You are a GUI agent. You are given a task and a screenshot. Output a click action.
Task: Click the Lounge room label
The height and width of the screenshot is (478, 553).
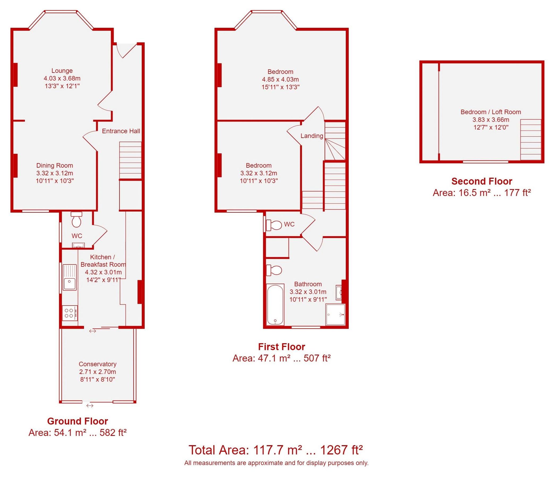point(62,71)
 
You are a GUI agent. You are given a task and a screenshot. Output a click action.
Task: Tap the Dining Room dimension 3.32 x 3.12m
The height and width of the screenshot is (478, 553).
point(55,173)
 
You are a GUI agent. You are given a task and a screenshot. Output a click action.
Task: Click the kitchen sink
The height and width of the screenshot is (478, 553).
point(70,277)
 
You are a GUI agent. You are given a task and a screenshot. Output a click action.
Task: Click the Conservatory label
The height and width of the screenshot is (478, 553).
point(98,364)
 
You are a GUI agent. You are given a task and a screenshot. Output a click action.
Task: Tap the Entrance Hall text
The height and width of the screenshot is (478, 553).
point(121,131)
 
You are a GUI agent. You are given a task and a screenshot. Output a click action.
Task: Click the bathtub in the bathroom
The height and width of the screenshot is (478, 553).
point(275,305)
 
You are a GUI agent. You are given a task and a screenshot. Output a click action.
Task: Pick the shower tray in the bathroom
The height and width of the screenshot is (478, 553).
point(335,314)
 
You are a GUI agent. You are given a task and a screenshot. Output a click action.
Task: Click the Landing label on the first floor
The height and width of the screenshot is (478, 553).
point(312,136)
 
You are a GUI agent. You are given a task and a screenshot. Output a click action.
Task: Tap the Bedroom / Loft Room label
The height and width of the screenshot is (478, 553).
point(491,112)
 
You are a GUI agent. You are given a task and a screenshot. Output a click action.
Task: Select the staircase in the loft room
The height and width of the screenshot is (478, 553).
point(531,139)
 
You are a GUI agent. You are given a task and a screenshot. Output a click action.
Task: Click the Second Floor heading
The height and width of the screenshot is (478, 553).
point(482,181)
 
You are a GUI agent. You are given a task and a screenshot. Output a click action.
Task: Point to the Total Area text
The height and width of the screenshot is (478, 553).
point(275,450)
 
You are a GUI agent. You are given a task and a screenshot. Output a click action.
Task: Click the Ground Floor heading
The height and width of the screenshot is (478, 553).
point(77,421)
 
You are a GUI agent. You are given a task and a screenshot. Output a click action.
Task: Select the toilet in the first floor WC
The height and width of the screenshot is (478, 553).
point(274,225)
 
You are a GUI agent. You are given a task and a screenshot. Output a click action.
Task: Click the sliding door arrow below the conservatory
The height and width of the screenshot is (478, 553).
point(90,406)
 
